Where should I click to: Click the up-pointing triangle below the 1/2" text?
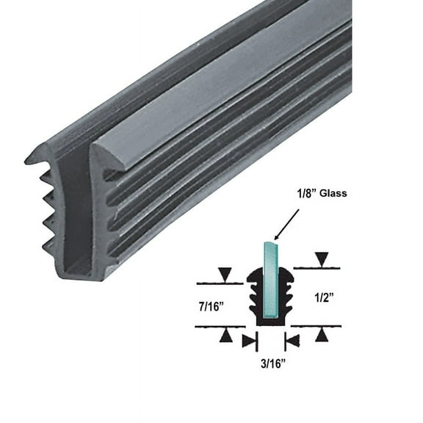click(x=321, y=334)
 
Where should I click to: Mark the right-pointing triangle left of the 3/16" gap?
click(x=249, y=340)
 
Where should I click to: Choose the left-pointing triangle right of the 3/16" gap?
click(x=292, y=340)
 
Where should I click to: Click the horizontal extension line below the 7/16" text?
click(x=220, y=326)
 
